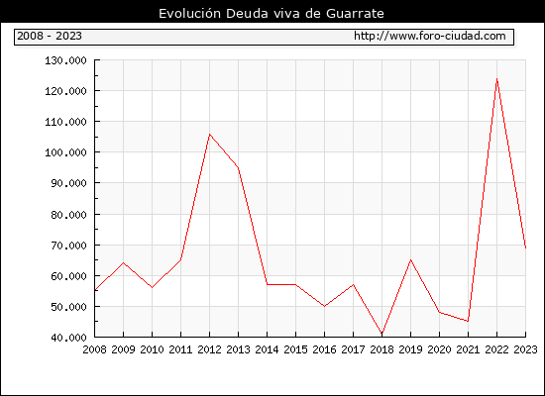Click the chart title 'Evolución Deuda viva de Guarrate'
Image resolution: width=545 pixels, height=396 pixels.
tap(272, 13)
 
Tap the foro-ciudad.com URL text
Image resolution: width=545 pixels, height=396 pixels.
tap(430, 36)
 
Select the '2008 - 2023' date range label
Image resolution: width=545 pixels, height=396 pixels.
tap(50, 36)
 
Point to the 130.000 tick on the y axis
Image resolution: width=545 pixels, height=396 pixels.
tap(65, 60)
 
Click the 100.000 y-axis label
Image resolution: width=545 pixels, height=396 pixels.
tap(65, 152)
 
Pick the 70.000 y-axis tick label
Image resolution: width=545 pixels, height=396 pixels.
tap(68, 246)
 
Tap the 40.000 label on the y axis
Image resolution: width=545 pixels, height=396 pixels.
tap(68, 338)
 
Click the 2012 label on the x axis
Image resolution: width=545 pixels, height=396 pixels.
tap(209, 349)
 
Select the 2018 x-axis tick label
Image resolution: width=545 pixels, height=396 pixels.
tap(381, 349)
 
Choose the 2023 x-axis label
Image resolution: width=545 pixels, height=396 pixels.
tap(525, 349)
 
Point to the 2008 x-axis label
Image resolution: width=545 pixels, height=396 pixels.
tap(94, 349)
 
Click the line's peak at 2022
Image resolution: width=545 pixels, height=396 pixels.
tap(497, 79)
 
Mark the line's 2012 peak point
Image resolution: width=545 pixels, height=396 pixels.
tap(209, 134)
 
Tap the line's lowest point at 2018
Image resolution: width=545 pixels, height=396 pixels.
tap(381, 334)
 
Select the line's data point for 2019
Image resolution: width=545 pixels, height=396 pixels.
tap(410, 259)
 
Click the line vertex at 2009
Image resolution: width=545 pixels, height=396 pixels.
tap(124, 263)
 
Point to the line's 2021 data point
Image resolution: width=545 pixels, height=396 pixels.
tap(468, 322)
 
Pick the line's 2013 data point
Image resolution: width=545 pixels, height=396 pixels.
tap(238, 167)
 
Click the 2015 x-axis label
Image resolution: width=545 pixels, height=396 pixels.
tap(295, 349)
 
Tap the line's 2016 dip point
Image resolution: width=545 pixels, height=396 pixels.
tap(324, 306)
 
